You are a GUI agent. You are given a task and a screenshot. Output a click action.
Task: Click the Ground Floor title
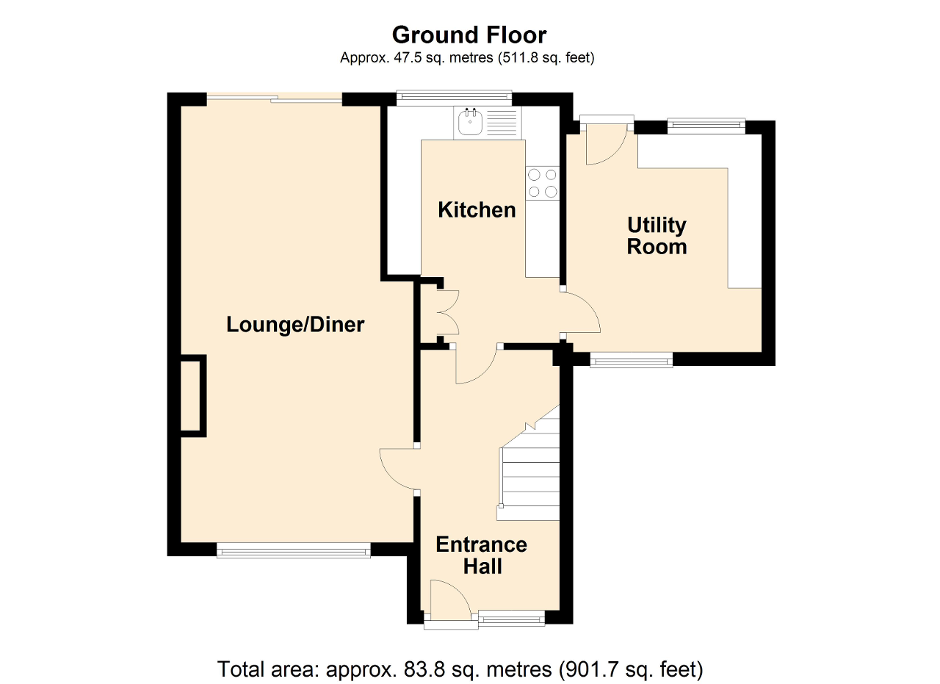[469, 35]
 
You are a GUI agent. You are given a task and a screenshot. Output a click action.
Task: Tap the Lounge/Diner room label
[295, 325]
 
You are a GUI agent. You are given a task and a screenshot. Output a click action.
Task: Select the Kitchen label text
[477, 210]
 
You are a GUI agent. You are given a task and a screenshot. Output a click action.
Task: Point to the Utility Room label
[657, 236]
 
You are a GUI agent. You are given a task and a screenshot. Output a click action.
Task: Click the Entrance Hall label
[482, 555]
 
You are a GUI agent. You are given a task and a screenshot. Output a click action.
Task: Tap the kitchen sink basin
[471, 121]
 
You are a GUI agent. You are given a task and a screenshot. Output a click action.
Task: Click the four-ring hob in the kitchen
[543, 183]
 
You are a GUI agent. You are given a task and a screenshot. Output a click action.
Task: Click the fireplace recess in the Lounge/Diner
[193, 396]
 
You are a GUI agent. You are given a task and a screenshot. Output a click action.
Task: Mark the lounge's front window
[293, 550]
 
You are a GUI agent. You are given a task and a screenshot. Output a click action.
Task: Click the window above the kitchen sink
[454, 97]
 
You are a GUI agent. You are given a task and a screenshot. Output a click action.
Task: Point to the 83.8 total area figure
[424, 669]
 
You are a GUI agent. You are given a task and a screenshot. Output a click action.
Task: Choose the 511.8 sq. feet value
[518, 57]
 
